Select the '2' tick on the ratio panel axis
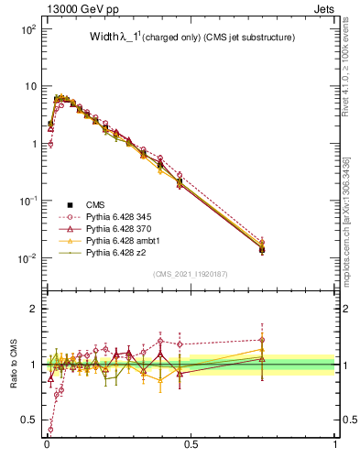click(33, 309)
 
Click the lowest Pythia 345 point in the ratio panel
click(50, 429)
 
